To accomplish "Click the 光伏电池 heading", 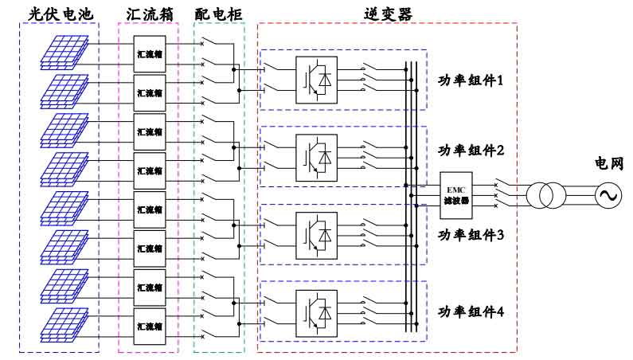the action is point(61,14).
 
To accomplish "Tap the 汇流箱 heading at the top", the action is point(150,14).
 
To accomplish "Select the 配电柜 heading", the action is point(218,14).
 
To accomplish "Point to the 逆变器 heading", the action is point(388,14).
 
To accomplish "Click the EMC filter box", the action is point(455,196).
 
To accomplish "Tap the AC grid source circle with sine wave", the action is point(608,196).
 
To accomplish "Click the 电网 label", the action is point(609,163).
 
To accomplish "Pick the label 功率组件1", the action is point(471,80).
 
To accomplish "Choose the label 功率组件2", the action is point(471,151).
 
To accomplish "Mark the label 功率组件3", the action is point(471,235).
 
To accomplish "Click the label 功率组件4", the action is point(471,312).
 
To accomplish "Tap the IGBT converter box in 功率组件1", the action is point(317,80).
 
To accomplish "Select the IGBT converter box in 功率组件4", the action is point(317,314).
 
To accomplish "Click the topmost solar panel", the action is point(64,53).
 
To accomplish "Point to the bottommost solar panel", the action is point(64,325).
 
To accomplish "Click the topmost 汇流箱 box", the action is point(150,53).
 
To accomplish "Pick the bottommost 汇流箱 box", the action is point(150,326).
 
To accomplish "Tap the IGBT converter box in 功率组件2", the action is point(317,158).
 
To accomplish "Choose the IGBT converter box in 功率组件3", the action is point(317,236).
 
